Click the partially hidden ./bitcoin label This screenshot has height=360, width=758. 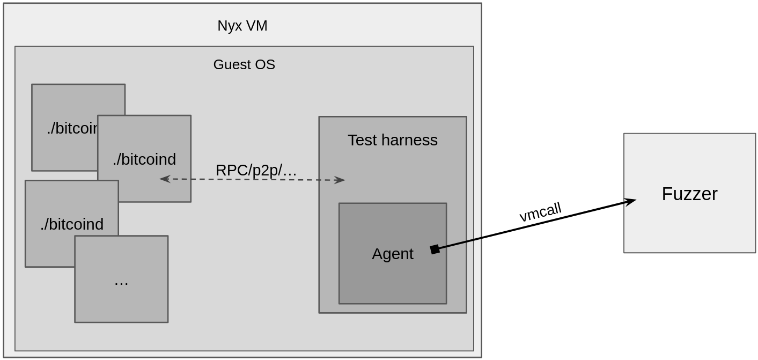(72, 128)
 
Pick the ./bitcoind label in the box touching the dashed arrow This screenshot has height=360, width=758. (144, 159)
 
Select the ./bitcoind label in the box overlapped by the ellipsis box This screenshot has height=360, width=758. (72, 224)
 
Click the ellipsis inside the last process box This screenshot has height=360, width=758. (121, 281)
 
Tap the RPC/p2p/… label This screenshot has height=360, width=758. (256, 170)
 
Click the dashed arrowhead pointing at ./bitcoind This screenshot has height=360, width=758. (164, 179)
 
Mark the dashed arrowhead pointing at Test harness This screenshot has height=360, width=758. (340, 180)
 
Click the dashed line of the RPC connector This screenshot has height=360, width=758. (252, 180)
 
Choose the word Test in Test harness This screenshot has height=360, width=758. (360, 140)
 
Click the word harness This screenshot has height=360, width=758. (406, 140)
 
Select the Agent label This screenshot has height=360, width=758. (392, 254)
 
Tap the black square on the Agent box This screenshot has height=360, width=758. (435, 249)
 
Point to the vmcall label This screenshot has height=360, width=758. (540, 212)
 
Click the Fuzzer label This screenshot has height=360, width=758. (689, 194)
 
